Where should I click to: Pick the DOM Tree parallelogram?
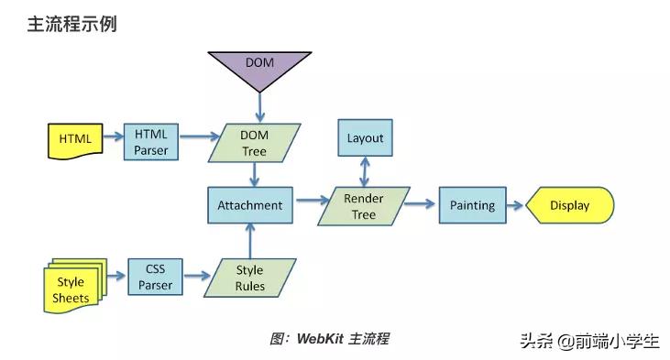[254, 143]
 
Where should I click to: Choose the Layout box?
[365, 139]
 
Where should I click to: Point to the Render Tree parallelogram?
[364, 206]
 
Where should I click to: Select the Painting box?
[472, 205]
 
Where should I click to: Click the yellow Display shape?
[569, 205]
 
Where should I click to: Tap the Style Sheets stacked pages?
[72, 289]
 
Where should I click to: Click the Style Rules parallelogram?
[249, 278]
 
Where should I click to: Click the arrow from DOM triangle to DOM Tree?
[259, 108]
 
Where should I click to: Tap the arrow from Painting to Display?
[513, 206]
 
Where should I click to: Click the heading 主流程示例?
[71, 25]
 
